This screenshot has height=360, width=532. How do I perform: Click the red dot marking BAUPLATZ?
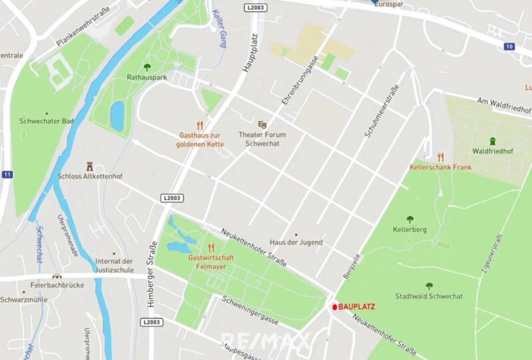[x=335, y=307]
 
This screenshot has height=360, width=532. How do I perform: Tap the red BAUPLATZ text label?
[x=356, y=307]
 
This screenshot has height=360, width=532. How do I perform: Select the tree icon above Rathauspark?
[x=147, y=67]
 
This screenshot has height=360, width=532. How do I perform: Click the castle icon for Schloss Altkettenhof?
[x=90, y=166]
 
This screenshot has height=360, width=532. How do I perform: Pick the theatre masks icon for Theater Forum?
[x=262, y=124]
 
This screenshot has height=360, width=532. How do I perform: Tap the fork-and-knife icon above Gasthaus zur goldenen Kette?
[x=199, y=125]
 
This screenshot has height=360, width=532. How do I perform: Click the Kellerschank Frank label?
[x=440, y=167]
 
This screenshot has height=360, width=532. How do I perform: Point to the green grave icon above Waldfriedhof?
[x=493, y=141]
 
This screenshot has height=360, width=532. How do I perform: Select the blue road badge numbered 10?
[x=509, y=46]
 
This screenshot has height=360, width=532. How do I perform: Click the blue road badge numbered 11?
[x=7, y=174]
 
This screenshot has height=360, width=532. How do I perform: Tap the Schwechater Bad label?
[x=46, y=121]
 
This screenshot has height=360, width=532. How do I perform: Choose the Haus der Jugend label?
[x=296, y=242]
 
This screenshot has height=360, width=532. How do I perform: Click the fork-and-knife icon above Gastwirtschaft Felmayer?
[x=211, y=247]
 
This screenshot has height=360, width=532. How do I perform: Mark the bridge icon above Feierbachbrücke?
[x=57, y=276]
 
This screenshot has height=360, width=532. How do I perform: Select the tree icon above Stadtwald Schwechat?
[x=429, y=286]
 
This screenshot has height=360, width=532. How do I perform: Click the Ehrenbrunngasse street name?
[x=300, y=80]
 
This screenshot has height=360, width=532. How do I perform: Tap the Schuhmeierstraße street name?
[x=382, y=111]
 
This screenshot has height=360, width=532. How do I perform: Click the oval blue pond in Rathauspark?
[x=117, y=115]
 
